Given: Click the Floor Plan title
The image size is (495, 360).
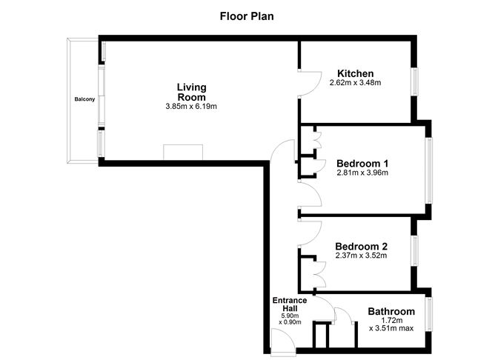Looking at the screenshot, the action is tap(247, 16).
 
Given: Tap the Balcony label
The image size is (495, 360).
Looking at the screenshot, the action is tap(84, 99).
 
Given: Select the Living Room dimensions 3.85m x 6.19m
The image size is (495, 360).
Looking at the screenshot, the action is tap(191, 107).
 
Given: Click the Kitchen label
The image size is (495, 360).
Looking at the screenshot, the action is tap(356, 73).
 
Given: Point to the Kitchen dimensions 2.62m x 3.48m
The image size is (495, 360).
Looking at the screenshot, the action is tap(356, 83).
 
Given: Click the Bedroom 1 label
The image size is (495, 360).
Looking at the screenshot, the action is tap(362, 164).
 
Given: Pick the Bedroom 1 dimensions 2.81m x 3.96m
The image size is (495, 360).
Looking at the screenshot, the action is tap(362, 173).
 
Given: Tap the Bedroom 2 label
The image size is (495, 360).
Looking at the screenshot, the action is tap(362, 247).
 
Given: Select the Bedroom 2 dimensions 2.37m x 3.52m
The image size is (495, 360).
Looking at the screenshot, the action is tap(362, 256).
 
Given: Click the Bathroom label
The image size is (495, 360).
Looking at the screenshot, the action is tap(391, 311).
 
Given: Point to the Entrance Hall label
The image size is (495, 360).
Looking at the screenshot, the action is tap(290, 304).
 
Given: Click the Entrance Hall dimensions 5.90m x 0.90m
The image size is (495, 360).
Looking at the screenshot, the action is tap(290, 319).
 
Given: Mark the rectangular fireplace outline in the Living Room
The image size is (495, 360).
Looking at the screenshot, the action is tap(183, 152).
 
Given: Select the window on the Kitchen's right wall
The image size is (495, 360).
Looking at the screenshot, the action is tap(415, 81).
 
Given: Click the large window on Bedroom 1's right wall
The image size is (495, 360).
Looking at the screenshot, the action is tap(429, 170).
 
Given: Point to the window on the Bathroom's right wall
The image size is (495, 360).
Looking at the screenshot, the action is tap(429, 314).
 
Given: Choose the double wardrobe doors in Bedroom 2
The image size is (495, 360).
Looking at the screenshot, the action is tap(320, 274).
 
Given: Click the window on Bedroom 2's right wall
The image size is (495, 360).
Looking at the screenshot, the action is tap(415, 250).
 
